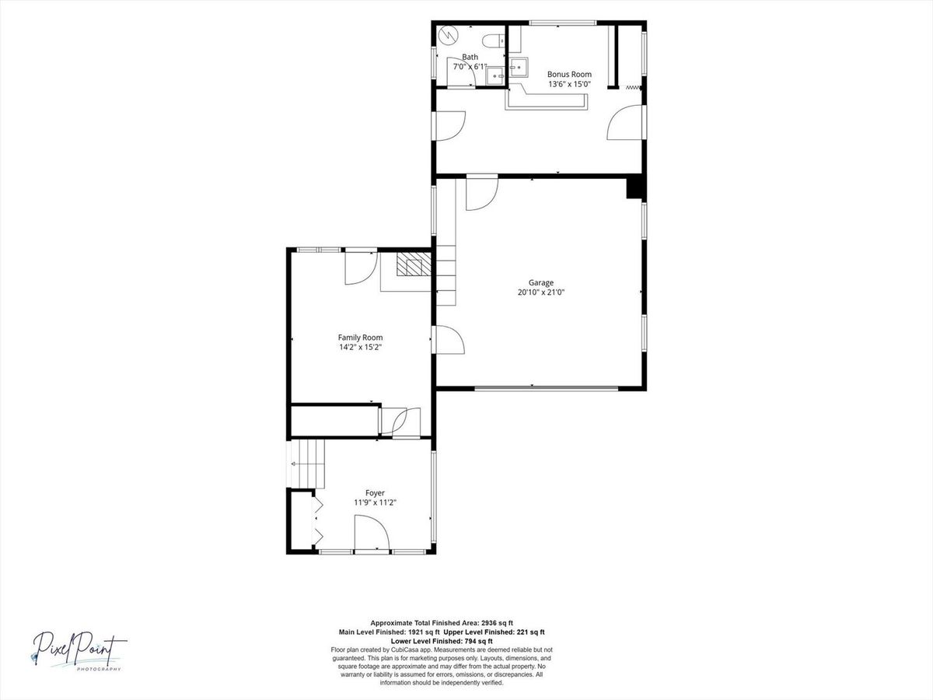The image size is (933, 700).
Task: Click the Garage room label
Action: tap(540, 282)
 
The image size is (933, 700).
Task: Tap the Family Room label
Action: tap(360, 338)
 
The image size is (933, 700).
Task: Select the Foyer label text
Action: tap(375, 493)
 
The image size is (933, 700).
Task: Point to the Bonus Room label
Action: tap(569, 75)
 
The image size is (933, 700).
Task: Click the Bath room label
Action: tap(470, 57)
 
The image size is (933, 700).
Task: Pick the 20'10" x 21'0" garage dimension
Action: tap(540, 292)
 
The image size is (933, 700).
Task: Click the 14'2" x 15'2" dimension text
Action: tap(360, 347)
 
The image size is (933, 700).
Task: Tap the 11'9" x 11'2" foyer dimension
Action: tap(375, 502)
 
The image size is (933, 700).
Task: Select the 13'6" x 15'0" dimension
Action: tap(569, 84)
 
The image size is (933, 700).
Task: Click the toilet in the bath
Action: tap(493, 40)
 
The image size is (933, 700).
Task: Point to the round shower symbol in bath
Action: tap(447, 35)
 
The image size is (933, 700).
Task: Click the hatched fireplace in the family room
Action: tap(414, 264)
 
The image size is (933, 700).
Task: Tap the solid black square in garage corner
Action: tap(635, 187)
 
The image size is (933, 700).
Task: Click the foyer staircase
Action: tap(307, 464)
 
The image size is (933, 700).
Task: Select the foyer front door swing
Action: tap(372, 532)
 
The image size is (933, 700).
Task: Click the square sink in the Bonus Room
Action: tap(519, 67)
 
